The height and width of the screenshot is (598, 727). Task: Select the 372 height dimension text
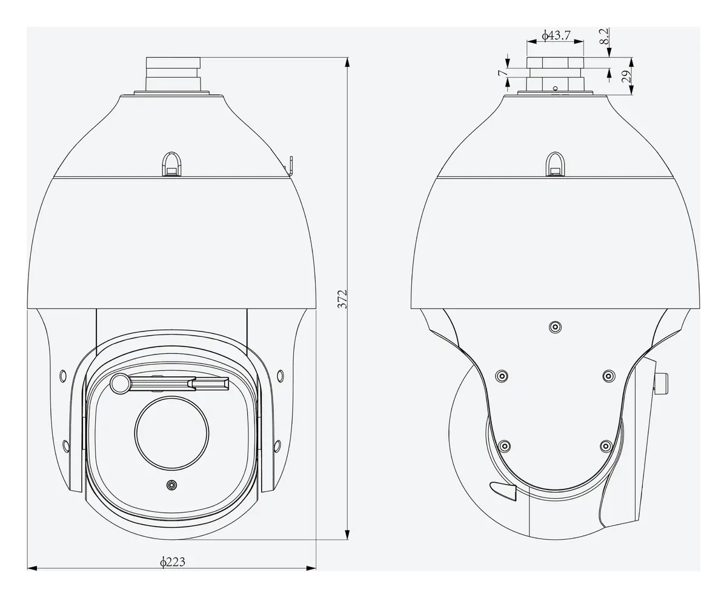click(x=342, y=299)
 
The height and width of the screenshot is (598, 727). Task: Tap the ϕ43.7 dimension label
click(x=556, y=35)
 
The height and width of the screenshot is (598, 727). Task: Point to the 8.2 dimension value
click(x=604, y=36)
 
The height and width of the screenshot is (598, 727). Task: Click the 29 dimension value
click(x=626, y=76)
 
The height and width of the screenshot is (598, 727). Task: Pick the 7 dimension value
click(x=503, y=73)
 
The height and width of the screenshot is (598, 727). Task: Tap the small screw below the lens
click(x=171, y=485)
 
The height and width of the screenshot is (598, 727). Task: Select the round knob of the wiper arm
click(x=120, y=384)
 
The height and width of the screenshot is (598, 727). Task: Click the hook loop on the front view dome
click(x=171, y=164)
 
